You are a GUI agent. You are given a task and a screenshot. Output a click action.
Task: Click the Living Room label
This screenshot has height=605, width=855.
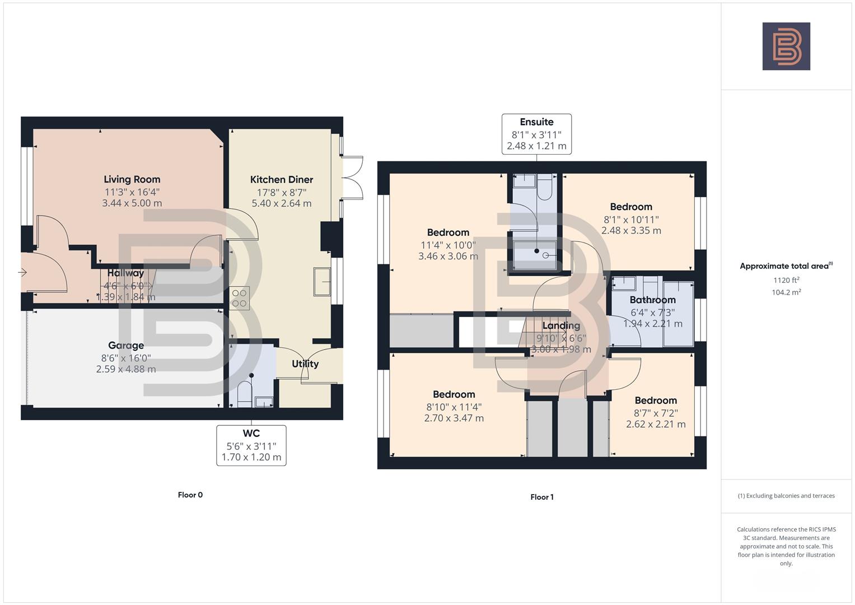[132, 179]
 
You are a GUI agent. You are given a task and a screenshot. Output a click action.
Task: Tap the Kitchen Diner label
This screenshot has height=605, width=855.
[281, 179]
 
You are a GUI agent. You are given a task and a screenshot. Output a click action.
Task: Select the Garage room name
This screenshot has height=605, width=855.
[126, 345]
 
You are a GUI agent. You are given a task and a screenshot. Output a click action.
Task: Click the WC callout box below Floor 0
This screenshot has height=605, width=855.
[251, 445]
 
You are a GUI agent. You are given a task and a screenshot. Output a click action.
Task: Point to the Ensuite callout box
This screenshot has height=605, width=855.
[536, 134]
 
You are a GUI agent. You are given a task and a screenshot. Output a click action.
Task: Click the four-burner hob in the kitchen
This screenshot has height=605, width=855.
[240, 298]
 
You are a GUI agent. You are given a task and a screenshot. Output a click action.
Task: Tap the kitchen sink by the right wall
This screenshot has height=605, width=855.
[322, 281]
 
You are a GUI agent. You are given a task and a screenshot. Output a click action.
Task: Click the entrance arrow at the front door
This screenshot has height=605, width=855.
[22, 273]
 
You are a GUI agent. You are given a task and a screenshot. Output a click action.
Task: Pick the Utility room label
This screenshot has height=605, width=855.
[305, 364]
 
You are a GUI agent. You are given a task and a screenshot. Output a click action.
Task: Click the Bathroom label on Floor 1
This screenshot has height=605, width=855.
[652, 300]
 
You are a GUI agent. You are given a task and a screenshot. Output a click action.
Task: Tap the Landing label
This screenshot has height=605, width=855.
[561, 325]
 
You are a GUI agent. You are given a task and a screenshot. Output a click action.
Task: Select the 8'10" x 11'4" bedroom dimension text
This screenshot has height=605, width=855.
[454, 407]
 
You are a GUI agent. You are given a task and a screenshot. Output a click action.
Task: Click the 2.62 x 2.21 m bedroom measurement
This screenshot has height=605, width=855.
[656, 424]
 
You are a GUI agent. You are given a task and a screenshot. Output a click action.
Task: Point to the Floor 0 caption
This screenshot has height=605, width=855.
[190, 495]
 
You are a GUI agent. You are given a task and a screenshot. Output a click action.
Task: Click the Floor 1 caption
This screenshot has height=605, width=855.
[542, 497]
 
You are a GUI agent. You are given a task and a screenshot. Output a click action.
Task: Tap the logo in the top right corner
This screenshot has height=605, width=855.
[786, 46]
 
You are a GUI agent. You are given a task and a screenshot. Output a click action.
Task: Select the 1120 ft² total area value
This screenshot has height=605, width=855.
[786, 280]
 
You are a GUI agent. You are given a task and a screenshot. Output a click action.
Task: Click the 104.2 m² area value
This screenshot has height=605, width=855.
[786, 292]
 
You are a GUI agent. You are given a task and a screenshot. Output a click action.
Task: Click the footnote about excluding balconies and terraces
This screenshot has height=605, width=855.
[786, 496]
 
